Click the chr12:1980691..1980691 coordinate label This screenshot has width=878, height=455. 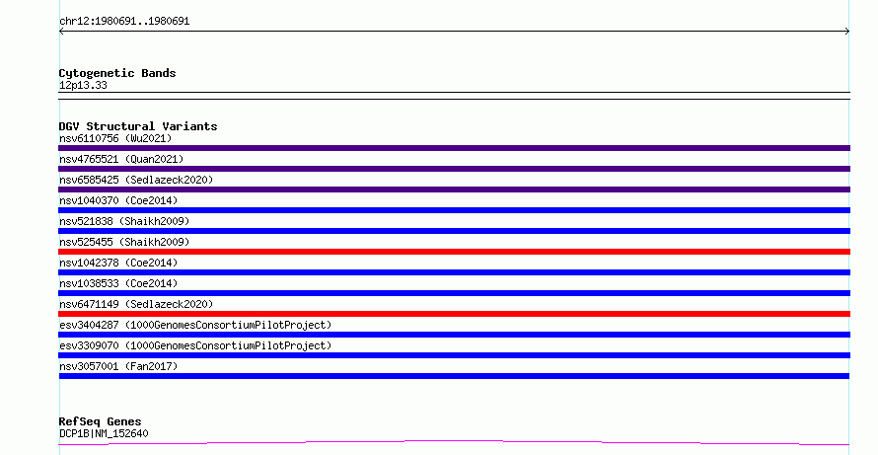pos(124,22)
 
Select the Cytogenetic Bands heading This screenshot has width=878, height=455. pos(117,73)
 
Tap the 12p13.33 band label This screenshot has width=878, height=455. pos(83,86)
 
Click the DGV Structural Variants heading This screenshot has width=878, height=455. pos(138,126)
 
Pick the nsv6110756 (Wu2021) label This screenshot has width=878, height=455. pos(115,138)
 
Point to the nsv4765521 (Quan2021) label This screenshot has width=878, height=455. pos(121,159)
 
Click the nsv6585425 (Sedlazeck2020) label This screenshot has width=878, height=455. pos(136,180)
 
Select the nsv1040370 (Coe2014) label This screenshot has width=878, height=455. pos(118,200)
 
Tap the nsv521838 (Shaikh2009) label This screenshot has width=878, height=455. pos(124,221)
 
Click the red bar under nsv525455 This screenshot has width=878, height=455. pos(454,252)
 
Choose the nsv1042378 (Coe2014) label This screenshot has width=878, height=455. pos(118,263)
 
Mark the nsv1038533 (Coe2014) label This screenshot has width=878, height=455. pos(118,283)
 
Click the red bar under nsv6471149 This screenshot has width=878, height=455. pos(454,314)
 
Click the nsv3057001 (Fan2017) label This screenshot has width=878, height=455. pos(118,366)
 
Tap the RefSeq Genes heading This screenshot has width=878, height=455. pos(101,422)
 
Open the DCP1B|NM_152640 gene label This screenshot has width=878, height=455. pos(104,433)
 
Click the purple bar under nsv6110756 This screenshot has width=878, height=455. pos(454,148)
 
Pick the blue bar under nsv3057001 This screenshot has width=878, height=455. pos(454,376)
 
